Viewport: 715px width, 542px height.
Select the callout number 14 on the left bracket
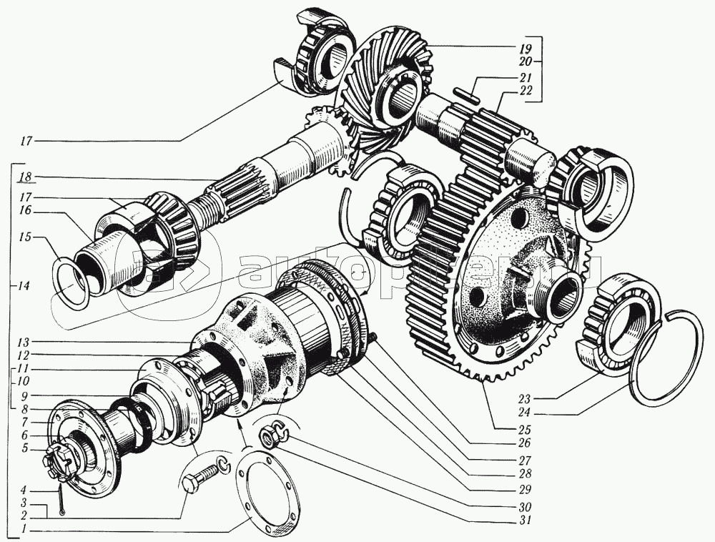24,286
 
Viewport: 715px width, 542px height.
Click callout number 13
26,341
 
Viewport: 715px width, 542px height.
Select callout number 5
26,448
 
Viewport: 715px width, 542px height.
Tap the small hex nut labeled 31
270,435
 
